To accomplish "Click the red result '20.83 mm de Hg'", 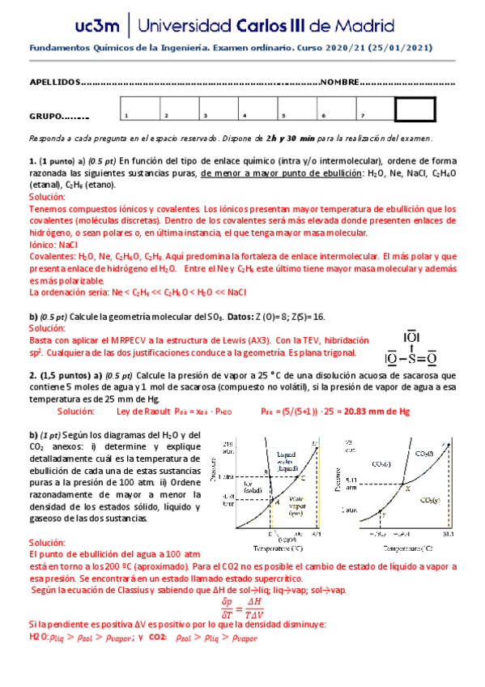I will pos(386,412).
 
